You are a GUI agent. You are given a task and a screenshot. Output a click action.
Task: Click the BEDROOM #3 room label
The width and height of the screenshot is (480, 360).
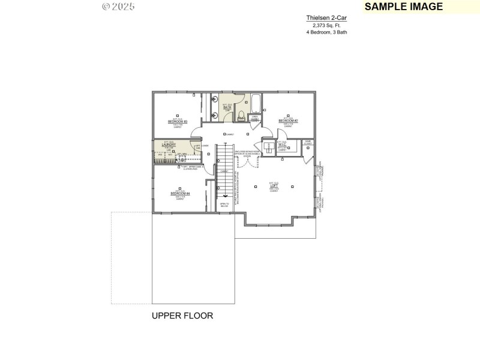(178, 122)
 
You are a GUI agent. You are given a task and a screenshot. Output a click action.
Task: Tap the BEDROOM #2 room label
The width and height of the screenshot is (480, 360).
(288, 121)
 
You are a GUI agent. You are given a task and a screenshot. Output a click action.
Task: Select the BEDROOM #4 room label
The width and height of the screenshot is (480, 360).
(180, 193)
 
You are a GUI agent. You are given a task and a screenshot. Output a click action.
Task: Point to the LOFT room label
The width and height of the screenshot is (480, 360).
(274, 186)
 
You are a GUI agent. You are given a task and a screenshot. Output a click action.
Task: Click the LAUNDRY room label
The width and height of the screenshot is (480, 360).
(169, 145)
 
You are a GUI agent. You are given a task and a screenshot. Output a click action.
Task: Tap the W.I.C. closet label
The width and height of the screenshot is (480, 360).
(282, 144)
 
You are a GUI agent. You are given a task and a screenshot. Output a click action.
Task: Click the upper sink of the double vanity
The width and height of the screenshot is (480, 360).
(214, 100)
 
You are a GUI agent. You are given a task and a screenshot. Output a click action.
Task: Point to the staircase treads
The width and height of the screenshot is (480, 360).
(224, 171)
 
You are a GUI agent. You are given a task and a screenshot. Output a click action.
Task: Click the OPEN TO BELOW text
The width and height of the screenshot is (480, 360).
(224, 205)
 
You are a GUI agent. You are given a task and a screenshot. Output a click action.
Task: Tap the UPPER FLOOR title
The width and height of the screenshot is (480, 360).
(182, 315)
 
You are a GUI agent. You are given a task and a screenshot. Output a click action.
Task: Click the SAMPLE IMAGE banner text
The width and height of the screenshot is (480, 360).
(404, 7)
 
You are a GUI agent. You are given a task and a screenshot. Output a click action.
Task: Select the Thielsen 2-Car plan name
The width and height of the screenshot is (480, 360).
(326, 18)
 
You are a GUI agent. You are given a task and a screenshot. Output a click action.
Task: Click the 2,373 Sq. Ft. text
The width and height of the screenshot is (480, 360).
(326, 25)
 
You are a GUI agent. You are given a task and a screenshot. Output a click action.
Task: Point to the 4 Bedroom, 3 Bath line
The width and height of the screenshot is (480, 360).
(326, 32)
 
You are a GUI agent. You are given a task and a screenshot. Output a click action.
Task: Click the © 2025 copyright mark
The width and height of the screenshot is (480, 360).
(118, 7)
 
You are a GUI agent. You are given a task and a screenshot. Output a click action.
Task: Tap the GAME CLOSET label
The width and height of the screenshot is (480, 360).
(307, 143)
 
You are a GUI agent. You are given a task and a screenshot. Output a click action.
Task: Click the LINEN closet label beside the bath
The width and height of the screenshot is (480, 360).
(254, 118)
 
